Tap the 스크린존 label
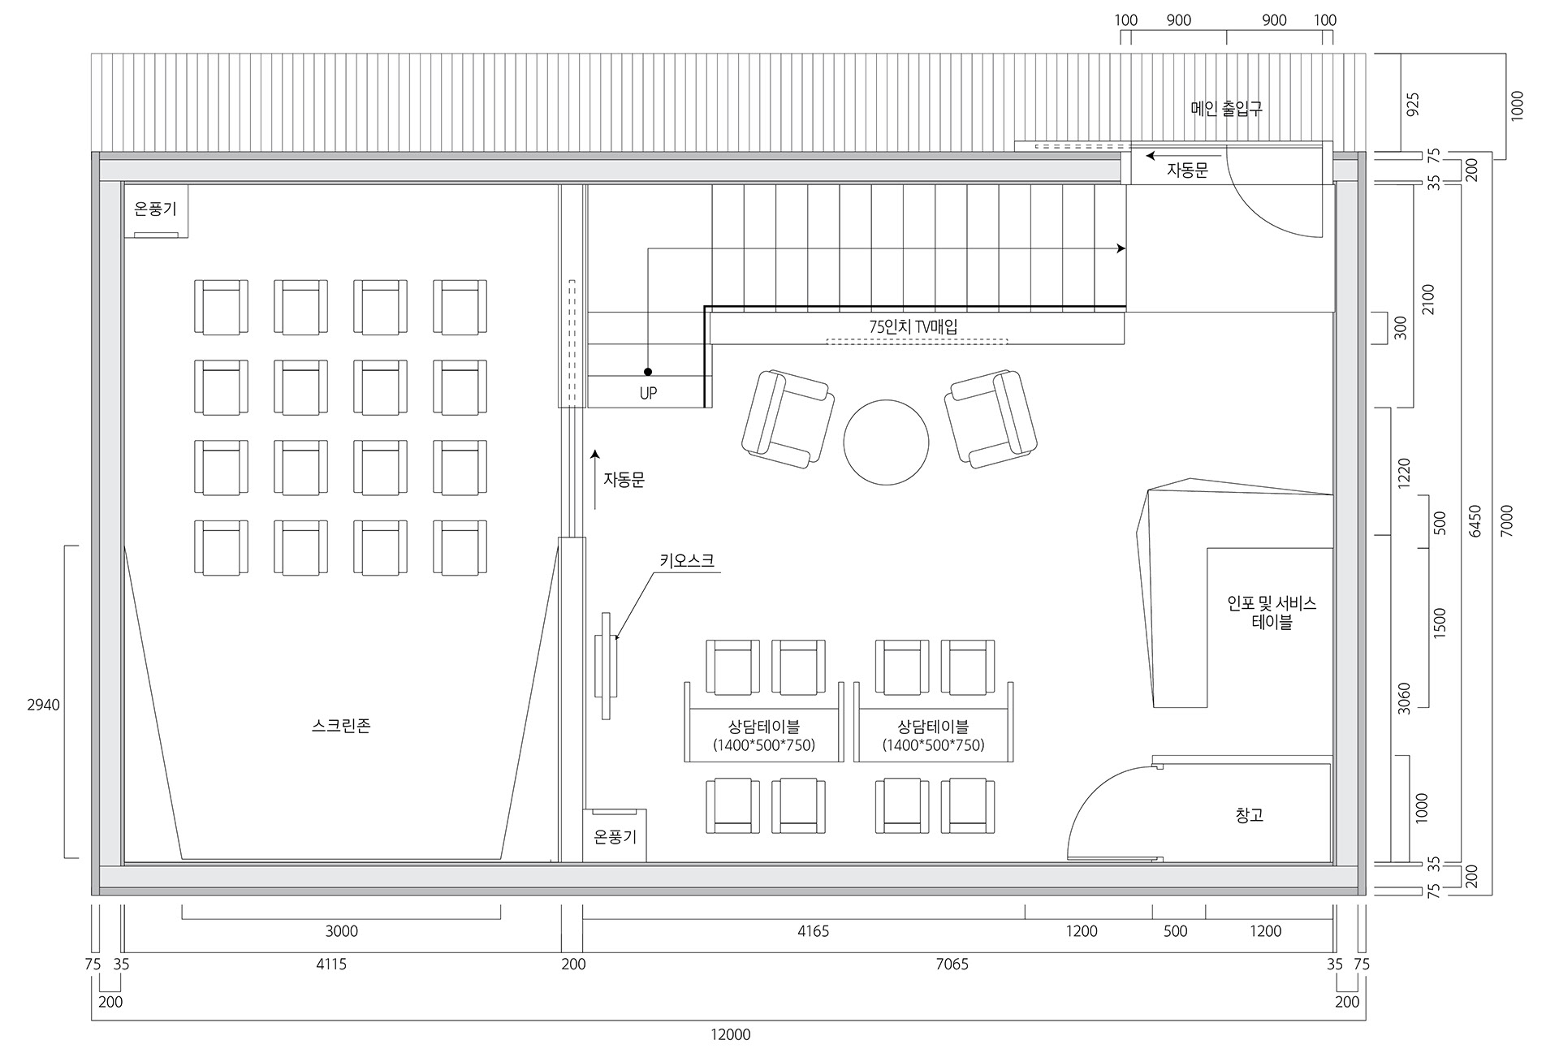(x=341, y=726)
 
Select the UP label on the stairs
(x=648, y=394)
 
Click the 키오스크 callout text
(x=687, y=560)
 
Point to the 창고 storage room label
(x=1249, y=815)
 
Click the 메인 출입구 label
(x=1226, y=108)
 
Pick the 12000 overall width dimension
(x=731, y=1034)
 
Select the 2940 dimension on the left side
(x=43, y=705)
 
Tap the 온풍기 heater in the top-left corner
(x=155, y=211)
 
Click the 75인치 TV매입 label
(x=913, y=327)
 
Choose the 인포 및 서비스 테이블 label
(x=1272, y=613)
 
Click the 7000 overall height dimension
(x=1507, y=520)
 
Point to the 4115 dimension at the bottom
(x=331, y=965)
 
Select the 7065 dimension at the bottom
(x=952, y=965)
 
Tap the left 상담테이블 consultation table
(x=763, y=722)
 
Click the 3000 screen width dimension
(x=341, y=931)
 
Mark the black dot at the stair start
(x=648, y=372)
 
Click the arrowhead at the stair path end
(x=1122, y=248)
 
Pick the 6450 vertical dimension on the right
(x=1475, y=520)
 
